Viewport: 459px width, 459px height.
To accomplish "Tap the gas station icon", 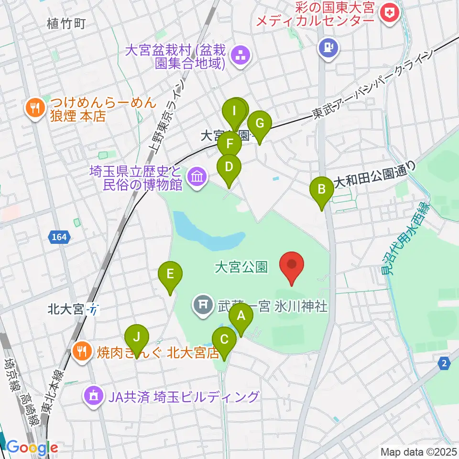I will click(329, 48).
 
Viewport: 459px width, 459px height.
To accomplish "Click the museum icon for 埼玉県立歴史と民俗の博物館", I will click(197, 177).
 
